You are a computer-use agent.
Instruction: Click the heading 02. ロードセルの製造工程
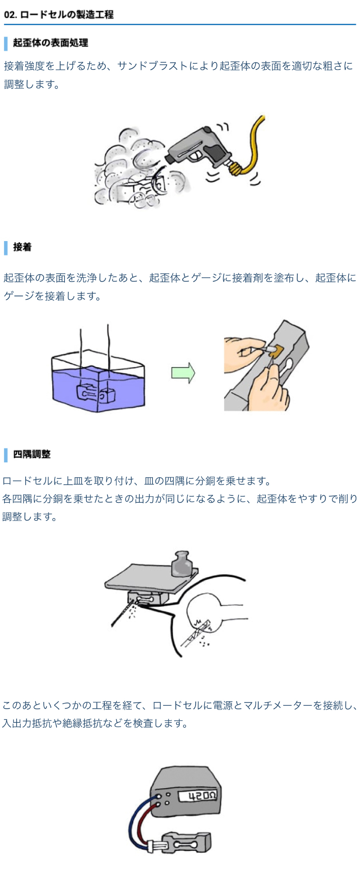point(59,14)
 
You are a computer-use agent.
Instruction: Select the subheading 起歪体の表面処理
point(50,43)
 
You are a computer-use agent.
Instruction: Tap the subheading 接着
point(22,247)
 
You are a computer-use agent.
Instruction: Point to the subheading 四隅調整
point(32,454)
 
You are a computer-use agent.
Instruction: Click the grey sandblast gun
point(198,148)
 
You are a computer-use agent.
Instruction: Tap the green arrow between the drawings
point(183,373)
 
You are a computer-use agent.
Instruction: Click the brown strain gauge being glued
point(276,351)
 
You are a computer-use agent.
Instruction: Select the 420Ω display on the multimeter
point(197,795)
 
